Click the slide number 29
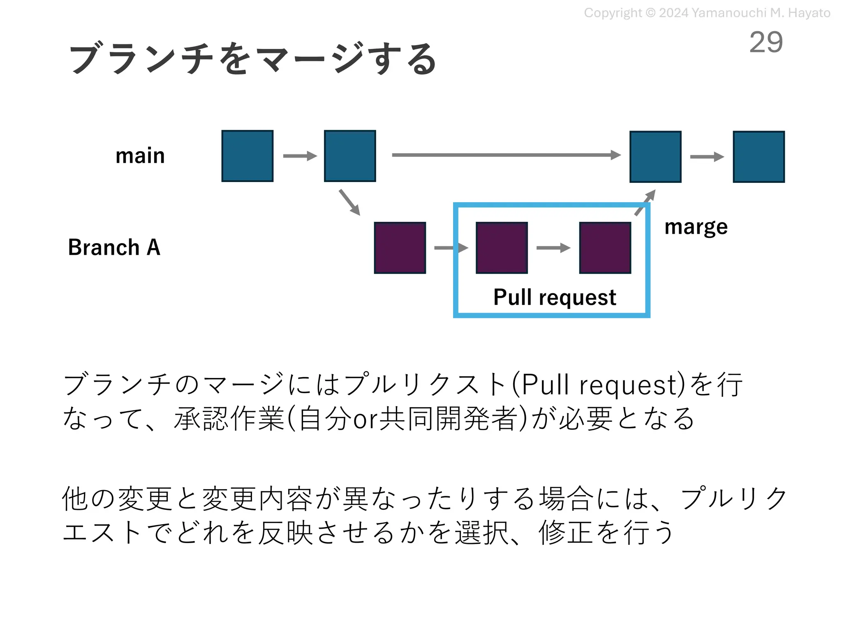[766, 42]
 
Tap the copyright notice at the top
[707, 13]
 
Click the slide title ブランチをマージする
[252, 58]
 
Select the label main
[140, 156]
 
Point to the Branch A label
[114, 247]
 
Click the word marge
[696, 227]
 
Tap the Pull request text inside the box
[554, 297]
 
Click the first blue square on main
[247, 156]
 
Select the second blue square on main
[350, 156]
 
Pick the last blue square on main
[759, 157]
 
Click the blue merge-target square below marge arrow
[655, 157]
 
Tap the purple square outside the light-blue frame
[400, 248]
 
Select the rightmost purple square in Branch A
[605, 248]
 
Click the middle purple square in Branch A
[502, 248]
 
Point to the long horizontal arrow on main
[506, 155]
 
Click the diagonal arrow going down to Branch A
[349, 202]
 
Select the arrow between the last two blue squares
[707, 157]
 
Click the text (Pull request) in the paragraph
[599, 385]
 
